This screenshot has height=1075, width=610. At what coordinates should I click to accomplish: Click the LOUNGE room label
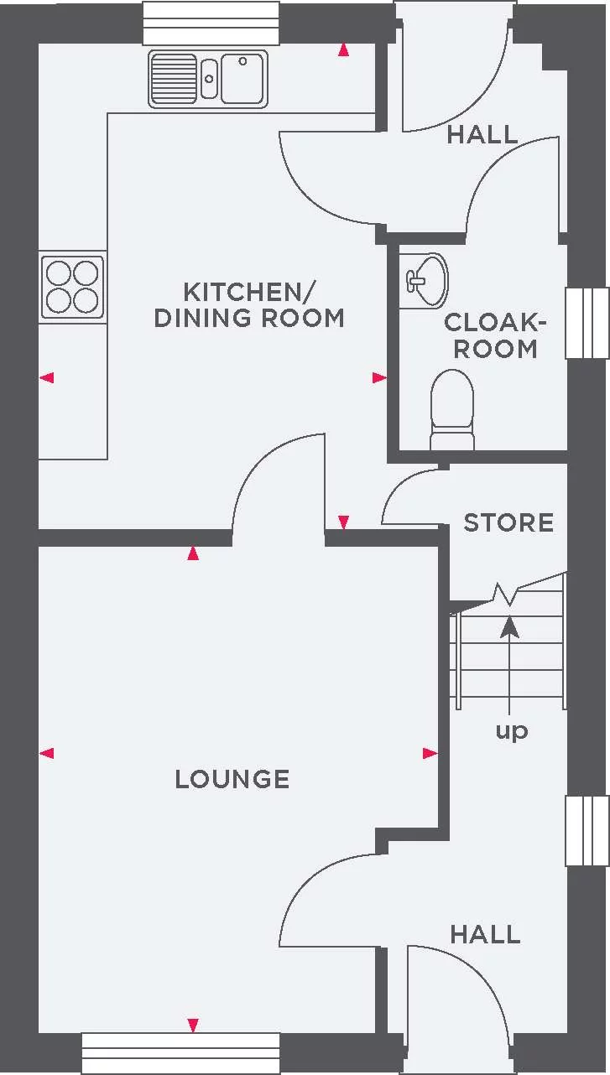pyautogui.click(x=232, y=779)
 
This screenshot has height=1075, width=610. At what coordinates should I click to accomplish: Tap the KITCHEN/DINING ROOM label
pyautogui.click(x=249, y=305)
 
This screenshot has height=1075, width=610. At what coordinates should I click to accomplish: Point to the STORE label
pyautogui.click(x=508, y=522)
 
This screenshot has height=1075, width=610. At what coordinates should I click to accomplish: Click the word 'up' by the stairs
pyautogui.click(x=511, y=730)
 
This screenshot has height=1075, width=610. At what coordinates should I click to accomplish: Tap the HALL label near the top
pyautogui.click(x=482, y=134)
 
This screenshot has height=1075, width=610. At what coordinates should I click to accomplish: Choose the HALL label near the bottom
pyautogui.click(x=485, y=934)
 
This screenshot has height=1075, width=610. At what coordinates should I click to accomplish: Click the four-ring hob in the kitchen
pyautogui.click(x=72, y=288)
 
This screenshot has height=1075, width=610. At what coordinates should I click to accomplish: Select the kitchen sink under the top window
pyautogui.click(x=208, y=79)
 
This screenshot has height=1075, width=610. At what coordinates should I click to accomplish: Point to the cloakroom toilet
pyautogui.click(x=451, y=411)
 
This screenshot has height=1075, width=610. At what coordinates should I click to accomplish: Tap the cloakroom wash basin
pyautogui.click(x=425, y=279)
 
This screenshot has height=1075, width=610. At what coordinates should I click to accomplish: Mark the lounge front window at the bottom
pyautogui.click(x=180, y=1052)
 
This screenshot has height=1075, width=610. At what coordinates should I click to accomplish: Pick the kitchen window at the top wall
pyautogui.click(x=211, y=23)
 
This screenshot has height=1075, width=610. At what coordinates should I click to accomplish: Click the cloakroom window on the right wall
pyautogui.click(x=587, y=323)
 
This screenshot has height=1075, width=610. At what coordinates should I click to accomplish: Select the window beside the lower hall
pyautogui.click(x=587, y=830)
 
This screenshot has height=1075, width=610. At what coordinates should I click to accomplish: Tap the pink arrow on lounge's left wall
pyautogui.click(x=47, y=753)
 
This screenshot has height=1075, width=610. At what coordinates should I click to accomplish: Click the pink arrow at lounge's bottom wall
pyautogui.click(x=193, y=1025)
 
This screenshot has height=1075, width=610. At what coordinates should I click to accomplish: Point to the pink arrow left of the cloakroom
pyautogui.click(x=379, y=378)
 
